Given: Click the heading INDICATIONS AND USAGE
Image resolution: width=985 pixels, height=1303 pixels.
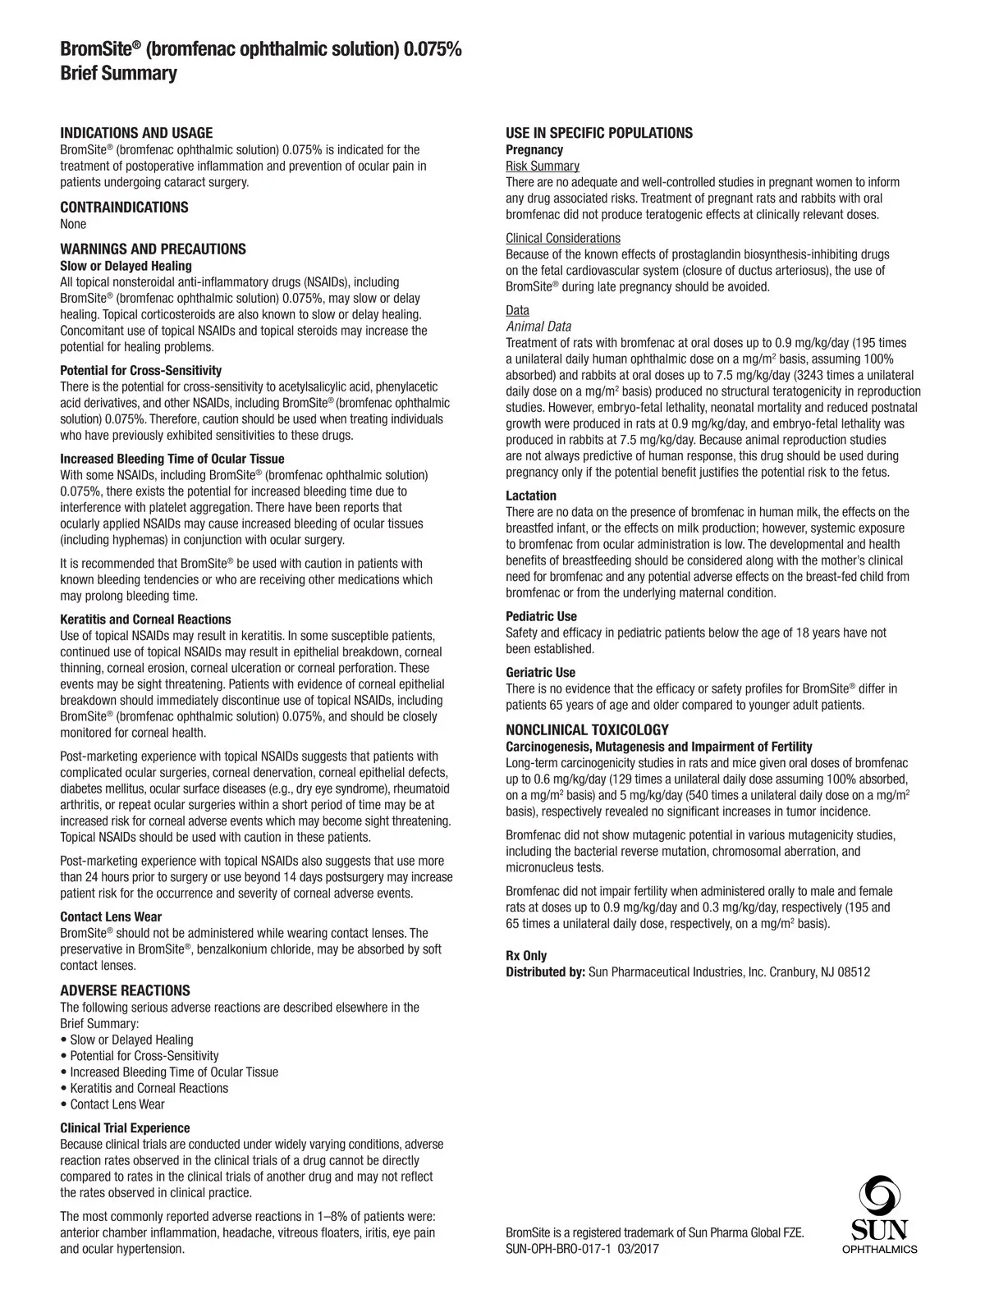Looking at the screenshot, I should click(136, 133).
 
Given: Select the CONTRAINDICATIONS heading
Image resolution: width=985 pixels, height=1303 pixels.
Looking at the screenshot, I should click(124, 208).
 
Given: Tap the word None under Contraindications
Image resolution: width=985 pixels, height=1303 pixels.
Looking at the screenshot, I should click(73, 224).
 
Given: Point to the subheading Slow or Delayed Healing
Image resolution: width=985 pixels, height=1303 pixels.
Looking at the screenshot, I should click(126, 266).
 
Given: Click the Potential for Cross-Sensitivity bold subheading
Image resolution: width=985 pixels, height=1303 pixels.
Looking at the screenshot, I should click(140, 370).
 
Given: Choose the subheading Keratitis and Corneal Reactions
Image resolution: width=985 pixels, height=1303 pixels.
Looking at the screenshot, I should click(145, 619).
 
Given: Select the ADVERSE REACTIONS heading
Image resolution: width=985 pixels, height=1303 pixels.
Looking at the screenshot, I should click(125, 990).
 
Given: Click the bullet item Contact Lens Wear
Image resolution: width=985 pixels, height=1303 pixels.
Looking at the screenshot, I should click(117, 1104).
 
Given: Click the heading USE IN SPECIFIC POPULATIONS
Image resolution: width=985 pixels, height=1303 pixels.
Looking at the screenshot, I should click(598, 133).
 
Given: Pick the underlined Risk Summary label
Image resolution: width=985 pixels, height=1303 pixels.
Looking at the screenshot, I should click(542, 166).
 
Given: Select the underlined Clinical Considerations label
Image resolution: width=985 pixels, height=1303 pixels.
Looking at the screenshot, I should click(562, 238).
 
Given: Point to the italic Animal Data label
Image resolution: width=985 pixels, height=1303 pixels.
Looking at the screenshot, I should click(538, 327).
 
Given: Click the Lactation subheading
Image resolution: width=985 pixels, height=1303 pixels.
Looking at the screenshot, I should click(530, 496).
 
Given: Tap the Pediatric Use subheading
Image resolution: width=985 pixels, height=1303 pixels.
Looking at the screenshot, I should click(541, 616).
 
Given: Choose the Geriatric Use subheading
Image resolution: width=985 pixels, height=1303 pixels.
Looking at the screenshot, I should click(540, 673).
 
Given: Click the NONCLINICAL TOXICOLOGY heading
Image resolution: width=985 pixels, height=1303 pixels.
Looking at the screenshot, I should click(587, 729).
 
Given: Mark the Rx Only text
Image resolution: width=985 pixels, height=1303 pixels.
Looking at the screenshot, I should click(525, 956).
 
